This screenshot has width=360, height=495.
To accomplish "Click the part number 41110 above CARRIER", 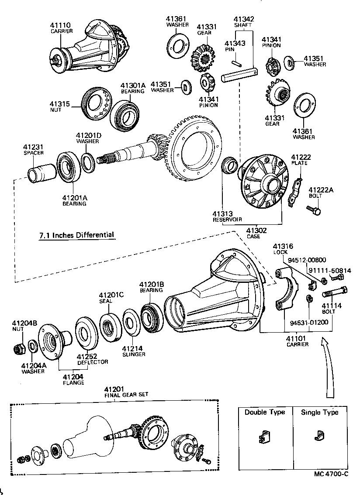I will (61, 25).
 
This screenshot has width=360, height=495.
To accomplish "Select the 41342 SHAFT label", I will (243, 22).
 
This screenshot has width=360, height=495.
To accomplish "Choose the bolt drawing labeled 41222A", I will (315, 211).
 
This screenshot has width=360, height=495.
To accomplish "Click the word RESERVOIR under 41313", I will (227, 219).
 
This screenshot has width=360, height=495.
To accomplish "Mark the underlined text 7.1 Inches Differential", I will (76, 235).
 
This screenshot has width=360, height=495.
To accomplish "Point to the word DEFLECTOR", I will (92, 362).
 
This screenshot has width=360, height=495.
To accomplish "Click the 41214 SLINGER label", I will (133, 351).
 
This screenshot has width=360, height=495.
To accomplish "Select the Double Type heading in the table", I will (264, 412).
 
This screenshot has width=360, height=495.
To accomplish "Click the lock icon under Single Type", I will (319, 435).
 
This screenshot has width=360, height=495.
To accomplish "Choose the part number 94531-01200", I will (309, 323).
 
